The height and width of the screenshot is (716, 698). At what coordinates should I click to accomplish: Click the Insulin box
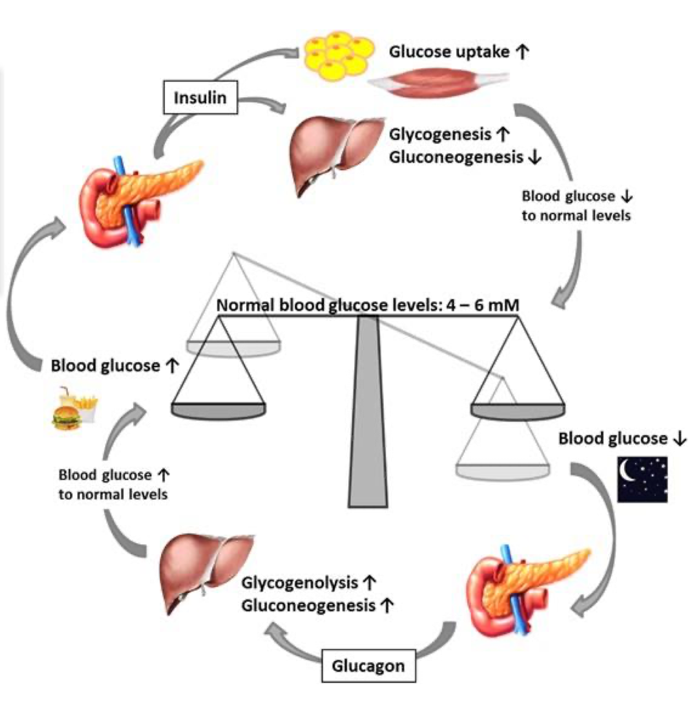(x=200, y=97)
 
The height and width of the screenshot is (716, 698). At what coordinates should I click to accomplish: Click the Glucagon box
(x=368, y=665)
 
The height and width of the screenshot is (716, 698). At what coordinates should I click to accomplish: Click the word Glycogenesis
(x=440, y=134)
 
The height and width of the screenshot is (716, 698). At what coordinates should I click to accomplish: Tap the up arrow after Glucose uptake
(x=523, y=52)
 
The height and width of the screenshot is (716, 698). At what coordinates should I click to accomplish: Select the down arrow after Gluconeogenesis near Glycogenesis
(x=535, y=157)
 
